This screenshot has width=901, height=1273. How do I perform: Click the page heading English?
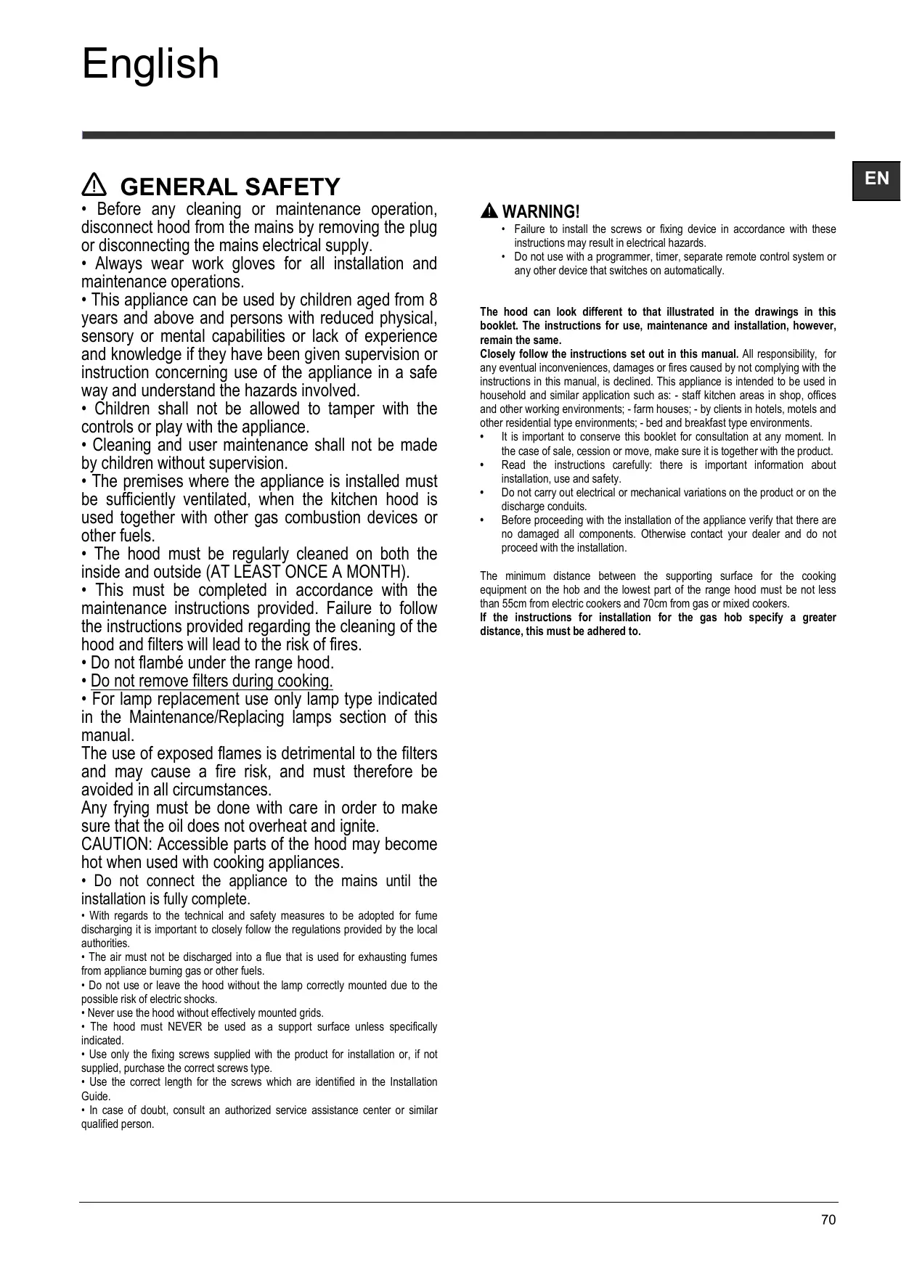[x=150, y=64]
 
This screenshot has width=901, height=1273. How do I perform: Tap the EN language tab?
[x=876, y=179]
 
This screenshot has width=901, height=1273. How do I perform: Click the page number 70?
[x=828, y=1220]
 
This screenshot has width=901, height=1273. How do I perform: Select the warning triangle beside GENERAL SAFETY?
[x=94, y=186]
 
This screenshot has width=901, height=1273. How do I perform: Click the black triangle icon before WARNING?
[x=489, y=211]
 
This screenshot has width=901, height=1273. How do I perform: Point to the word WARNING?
[x=541, y=212]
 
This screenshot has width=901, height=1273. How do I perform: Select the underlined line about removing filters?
[x=211, y=681]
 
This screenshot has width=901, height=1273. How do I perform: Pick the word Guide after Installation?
[x=95, y=1097]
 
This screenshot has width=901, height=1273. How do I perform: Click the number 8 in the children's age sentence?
[x=433, y=300]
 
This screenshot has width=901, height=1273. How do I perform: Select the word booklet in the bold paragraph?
[x=498, y=326]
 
